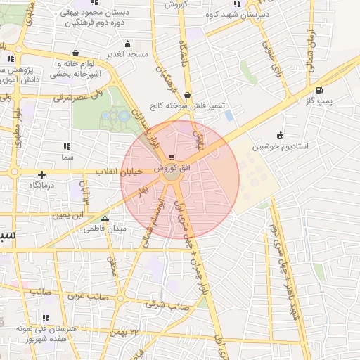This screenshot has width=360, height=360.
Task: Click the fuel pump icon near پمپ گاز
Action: [320, 89]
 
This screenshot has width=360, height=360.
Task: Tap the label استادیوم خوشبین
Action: [281, 147]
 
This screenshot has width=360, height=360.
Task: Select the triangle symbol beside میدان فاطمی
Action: [105, 219]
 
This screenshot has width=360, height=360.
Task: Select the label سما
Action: [67, 158]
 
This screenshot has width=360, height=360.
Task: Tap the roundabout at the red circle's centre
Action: [171, 179]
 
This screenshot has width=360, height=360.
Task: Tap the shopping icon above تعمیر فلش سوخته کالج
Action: [187, 95]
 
